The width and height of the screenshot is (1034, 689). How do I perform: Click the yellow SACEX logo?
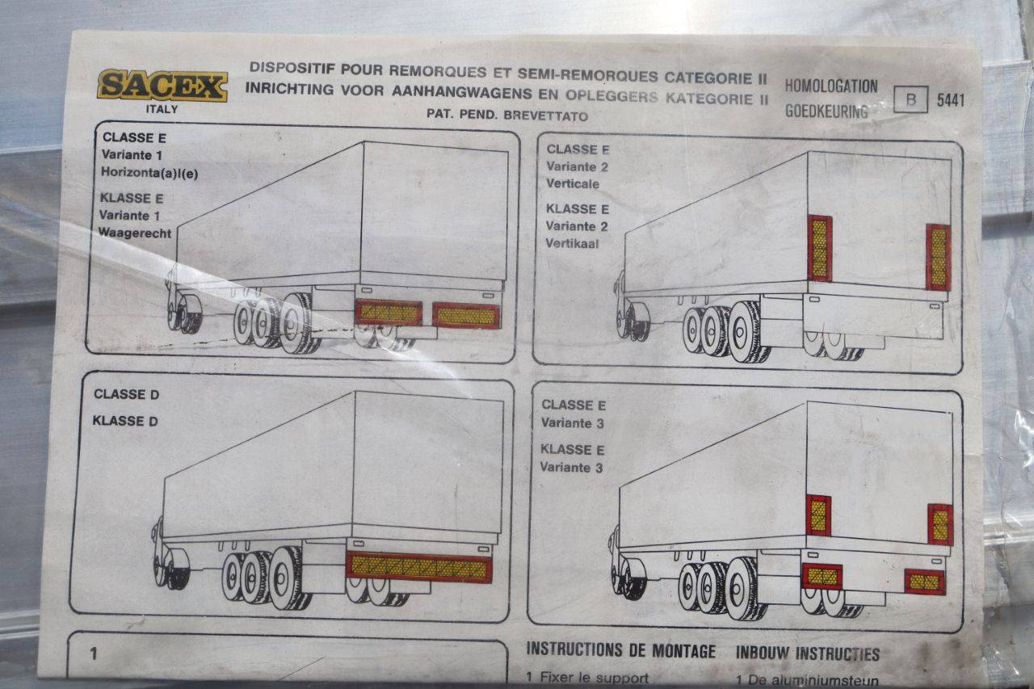pyautogui.click(x=162, y=86)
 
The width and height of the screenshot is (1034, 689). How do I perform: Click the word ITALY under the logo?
pyautogui.click(x=162, y=109)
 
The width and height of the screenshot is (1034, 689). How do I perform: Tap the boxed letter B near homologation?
pyautogui.click(x=910, y=99)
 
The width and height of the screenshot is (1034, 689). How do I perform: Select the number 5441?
pyautogui.click(x=951, y=101)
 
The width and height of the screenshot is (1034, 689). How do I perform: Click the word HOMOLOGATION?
pyautogui.click(x=831, y=86)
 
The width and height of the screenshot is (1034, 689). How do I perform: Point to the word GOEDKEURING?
pyautogui.click(x=826, y=111)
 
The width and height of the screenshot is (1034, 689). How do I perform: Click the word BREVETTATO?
pyautogui.click(x=545, y=116)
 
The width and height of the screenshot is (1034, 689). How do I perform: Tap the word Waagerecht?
pyautogui.click(x=135, y=233)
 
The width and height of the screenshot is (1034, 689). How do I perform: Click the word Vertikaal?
pyautogui.click(x=572, y=243)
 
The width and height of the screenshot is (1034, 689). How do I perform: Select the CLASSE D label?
pyautogui.click(x=127, y=394)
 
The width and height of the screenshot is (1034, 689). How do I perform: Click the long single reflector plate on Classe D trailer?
pyautogui.click(x=419, y=567)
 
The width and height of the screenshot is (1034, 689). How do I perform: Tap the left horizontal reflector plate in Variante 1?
pyautogui.click(x=389, y=313)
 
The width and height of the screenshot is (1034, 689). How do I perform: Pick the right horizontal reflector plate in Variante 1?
pyautogui.click(x=466, y=316)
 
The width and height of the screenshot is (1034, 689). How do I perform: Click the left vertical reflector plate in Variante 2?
pyautogui.click(x=820, y=248)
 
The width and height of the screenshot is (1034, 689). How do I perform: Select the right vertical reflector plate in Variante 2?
pyautogui.click(x=939, y=258)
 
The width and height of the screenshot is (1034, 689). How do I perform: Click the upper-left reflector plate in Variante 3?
pyautogui.click(x=818, y=515)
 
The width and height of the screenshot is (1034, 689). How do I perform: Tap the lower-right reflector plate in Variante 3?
pyautogui.click(x=925, y=582)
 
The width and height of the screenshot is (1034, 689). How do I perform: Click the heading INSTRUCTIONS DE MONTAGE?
pyautogui.click(x=621, y=651)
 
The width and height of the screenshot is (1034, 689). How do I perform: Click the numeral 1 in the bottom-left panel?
pyautogui.click(x=94, y=653)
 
